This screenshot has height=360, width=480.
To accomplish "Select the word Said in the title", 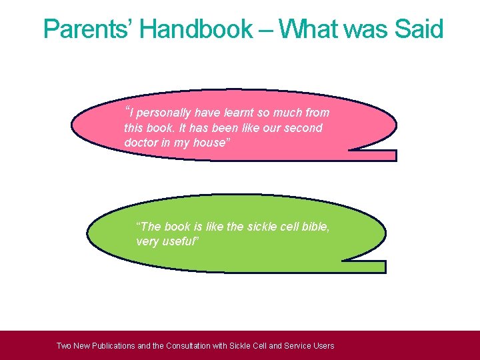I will click(419, 29).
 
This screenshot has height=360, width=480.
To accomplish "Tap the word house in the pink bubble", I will click(209, 143).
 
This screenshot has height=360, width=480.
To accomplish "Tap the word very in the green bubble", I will click(147, 241).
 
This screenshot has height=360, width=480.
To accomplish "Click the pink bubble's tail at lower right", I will click(373, 155).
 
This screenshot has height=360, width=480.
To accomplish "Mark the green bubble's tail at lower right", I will click(363, 267).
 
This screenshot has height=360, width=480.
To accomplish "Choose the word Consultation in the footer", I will click(197, 346).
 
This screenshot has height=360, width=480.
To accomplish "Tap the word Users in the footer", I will click(322, 346).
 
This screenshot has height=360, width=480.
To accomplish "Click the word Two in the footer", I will click(64, 346).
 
